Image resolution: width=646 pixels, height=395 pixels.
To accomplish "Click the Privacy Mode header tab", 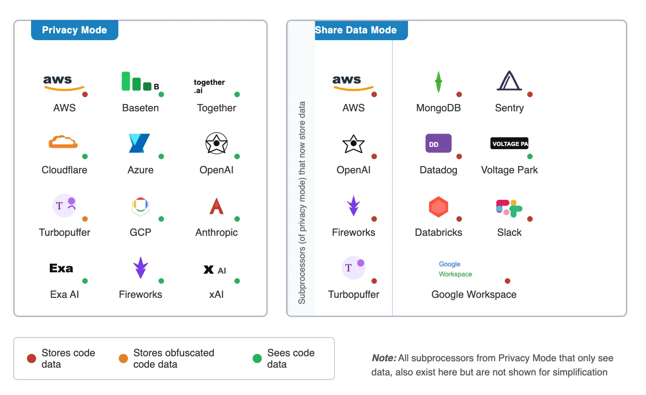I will click(x=74, y=30).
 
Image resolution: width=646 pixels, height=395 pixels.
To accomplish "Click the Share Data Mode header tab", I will click(x=356, y=30).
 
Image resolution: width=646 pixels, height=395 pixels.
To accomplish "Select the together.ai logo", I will click(x=209, y=86).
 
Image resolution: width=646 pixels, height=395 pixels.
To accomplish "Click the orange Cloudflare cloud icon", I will click(x=63, y=142).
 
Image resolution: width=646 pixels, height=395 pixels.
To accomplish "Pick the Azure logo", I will click(x=139, y=143).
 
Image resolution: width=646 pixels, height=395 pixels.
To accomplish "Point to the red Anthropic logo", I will click(x=216, y=206).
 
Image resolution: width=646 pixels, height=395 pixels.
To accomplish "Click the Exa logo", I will click(x=61, y=269).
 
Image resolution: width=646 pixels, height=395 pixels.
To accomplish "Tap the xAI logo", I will click(x=215, y=270).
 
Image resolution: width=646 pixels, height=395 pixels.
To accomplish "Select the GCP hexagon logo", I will click(x=140, y=206).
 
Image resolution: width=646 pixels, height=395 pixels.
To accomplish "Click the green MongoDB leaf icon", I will click(x=438, y=82).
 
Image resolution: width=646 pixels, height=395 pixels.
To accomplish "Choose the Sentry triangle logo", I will click(x=508, y=81).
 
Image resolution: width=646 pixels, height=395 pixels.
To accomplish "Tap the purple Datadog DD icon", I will click(x=438, y=143).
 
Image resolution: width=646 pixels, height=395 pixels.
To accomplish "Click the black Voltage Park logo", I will click(x=509, y=144).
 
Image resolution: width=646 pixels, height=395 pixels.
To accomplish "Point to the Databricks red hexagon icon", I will click(x=438, y=207).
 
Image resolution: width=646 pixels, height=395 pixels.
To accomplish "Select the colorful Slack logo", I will click(x=508, y=208).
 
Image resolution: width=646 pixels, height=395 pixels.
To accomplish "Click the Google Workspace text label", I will click(x=474, y=295).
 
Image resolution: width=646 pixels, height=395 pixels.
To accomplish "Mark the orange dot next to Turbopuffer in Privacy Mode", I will click(x=85, y=219).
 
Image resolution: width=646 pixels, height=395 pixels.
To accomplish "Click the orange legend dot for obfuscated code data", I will click(x=123, y=359).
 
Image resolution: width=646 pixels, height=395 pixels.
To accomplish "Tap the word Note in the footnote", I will click(x=383, y=358).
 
